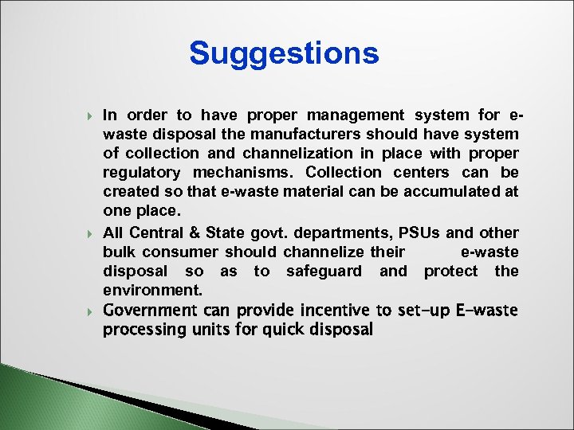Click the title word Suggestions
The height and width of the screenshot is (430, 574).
click(284, 53)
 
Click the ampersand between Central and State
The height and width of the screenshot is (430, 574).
click(195, 233)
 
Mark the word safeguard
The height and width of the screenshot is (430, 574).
click(324, 271)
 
